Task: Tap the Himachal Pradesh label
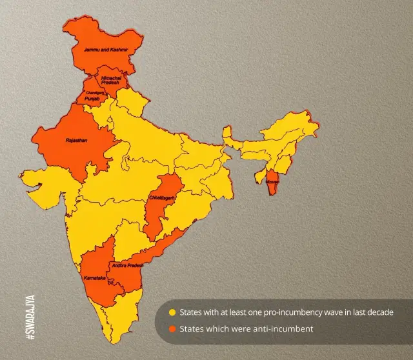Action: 111,81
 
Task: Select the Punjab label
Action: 92,99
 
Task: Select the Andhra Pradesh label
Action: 127,265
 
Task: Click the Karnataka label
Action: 96,278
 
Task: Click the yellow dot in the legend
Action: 172,313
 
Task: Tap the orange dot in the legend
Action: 172,330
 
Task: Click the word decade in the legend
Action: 379,312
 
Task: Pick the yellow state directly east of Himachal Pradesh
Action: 132,100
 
